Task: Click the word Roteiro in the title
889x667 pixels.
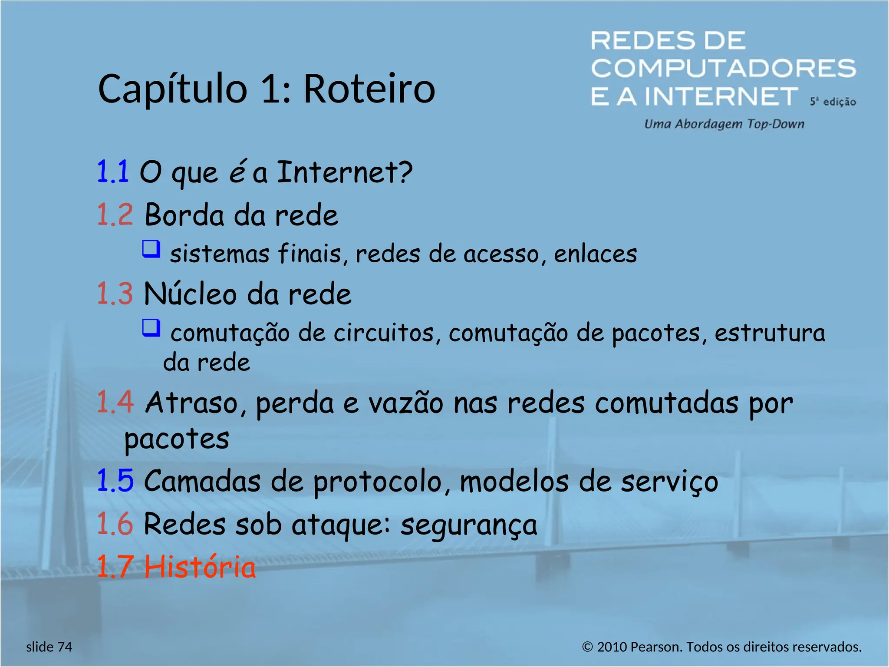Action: click(369, 89)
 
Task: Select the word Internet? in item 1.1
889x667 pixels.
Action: click(344, 172)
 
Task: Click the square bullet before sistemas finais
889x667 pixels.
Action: click(151, 249)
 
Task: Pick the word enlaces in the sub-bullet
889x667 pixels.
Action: click(595, 254)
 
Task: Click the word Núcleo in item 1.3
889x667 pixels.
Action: click(190, 294)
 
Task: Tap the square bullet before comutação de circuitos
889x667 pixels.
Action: click(151, 328)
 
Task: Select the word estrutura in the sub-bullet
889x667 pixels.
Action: click(770, 333)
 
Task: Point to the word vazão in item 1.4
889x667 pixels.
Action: click(405, 403)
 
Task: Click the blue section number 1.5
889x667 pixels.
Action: click(115, 481)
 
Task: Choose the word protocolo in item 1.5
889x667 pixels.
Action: click(377, 482)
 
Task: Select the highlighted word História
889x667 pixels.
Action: click(200, 567)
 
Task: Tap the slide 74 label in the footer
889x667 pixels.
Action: click(49, 647)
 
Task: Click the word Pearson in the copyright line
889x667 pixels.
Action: click(655, 647)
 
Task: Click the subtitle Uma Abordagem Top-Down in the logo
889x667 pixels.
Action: click(724, 124)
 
